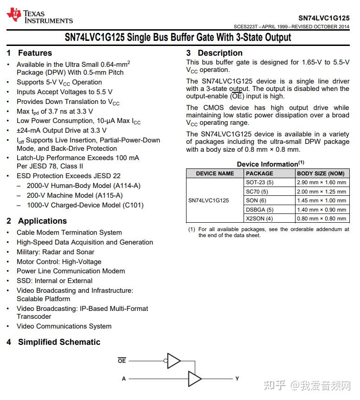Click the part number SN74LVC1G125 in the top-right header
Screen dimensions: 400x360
[x=323, y=17]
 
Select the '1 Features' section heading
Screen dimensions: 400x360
[x=29, y=53]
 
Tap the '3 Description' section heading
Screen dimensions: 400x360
[x=214, y=53]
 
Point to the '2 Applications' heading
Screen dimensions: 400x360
[x=37, y=221]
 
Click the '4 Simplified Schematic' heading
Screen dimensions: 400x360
[x=53, y=342]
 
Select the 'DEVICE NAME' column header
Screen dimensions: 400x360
[x=215, y=174]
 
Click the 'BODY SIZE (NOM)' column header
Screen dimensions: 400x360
[x=321, y=174]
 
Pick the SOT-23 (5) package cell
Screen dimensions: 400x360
[x=259, y=182]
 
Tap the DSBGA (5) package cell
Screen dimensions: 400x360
[x=259, y=209]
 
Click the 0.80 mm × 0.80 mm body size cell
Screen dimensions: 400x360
[x=321, y=219]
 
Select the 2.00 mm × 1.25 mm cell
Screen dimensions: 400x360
[x=321, y=192]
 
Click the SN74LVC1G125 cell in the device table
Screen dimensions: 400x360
[x=208, y=200]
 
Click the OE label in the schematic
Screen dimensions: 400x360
[x=122, y=361]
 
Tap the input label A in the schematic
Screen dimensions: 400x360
[x=124, y=379]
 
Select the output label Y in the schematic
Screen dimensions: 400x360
[x=237, y=379]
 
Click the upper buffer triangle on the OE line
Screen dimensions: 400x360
[x=174, y=360]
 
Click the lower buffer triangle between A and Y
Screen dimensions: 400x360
[x=194, y=379]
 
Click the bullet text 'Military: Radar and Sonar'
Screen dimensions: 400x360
[x=55, y=252]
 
